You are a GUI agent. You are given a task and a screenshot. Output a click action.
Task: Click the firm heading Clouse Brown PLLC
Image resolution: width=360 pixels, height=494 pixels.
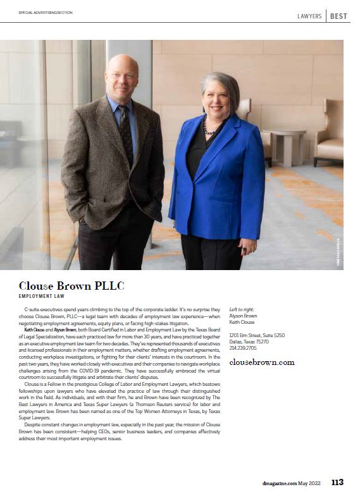point(71,285)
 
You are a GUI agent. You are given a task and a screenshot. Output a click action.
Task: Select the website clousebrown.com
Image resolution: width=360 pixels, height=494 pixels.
point(261,362)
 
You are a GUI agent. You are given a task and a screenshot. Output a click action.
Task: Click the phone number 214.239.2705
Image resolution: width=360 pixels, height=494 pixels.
point(243,348)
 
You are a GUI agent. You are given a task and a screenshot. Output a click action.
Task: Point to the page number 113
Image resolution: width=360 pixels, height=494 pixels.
point(337,482)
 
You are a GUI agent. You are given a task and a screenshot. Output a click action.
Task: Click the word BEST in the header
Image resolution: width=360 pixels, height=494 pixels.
point(338,16)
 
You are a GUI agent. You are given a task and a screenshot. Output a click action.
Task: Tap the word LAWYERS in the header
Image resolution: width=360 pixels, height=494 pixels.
point(309,16)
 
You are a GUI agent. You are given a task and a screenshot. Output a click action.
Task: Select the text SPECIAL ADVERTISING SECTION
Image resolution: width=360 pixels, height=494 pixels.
point(46,13)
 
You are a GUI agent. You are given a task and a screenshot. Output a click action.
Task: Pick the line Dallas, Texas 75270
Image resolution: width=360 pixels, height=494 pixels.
point(249,342)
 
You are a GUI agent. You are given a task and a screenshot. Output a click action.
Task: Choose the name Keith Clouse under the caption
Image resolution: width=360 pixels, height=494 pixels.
point(244,321)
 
